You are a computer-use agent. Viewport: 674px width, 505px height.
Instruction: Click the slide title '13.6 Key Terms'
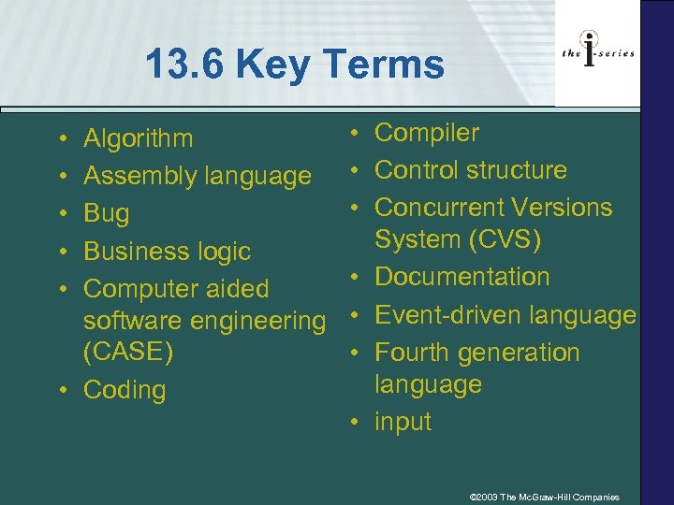click(294, 65)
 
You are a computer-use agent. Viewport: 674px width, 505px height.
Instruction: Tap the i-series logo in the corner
click(598, 52)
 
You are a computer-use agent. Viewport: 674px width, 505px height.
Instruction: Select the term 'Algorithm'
click(139, 139)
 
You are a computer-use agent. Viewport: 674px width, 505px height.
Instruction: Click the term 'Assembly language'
click(198, 176)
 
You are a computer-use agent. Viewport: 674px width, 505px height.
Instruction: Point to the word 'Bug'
click(107, 213)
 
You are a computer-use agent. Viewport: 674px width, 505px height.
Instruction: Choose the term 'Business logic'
click(168, 251)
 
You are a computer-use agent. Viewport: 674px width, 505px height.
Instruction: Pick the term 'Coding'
click(125, 390)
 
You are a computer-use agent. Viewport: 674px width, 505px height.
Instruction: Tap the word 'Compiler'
click(427, 133)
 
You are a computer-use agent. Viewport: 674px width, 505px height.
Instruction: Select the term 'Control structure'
click(471, 170)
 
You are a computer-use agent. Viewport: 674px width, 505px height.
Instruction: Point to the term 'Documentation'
click(462, 277)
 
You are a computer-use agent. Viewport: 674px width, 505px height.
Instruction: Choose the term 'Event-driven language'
click(505, 315)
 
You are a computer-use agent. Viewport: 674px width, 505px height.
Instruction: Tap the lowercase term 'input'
click(403, 422)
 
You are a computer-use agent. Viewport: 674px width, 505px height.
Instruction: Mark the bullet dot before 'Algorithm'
click(60, 139)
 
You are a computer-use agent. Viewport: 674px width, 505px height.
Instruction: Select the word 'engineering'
click(257, 321)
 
